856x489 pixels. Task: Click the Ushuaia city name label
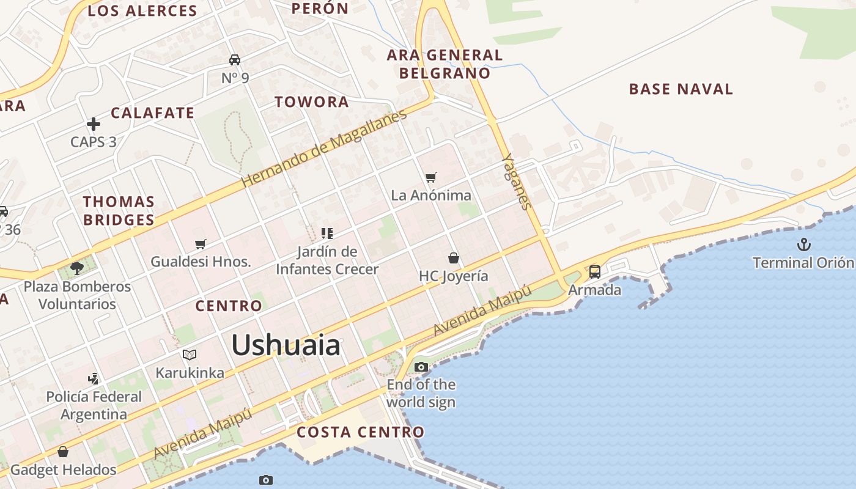point(286,345)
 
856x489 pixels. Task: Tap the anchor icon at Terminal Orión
point(803,245)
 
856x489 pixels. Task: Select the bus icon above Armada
point(594,272)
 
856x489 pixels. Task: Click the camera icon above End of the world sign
point(421,367)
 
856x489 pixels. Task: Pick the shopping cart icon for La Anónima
point(431,178)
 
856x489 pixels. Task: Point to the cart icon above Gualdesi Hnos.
point(200,244)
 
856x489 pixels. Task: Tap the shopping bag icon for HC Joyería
point(453,258)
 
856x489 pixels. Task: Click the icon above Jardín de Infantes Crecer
point(327,233)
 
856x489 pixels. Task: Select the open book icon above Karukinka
point(190,355)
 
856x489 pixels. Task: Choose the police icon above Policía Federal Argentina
point(94,379)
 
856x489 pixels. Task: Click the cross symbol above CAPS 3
point(94,125)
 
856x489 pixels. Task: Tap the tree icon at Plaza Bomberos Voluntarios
point(77,268)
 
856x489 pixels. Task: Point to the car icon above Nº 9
point(235,60)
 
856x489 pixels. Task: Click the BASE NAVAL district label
point(681,89)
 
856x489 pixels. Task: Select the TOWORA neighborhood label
point(312,102)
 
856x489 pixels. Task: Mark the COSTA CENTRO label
point(360,432)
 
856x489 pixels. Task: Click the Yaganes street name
point(515,181)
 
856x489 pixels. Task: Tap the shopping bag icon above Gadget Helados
point(63,452)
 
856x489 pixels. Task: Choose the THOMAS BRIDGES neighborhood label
point(119,210)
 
